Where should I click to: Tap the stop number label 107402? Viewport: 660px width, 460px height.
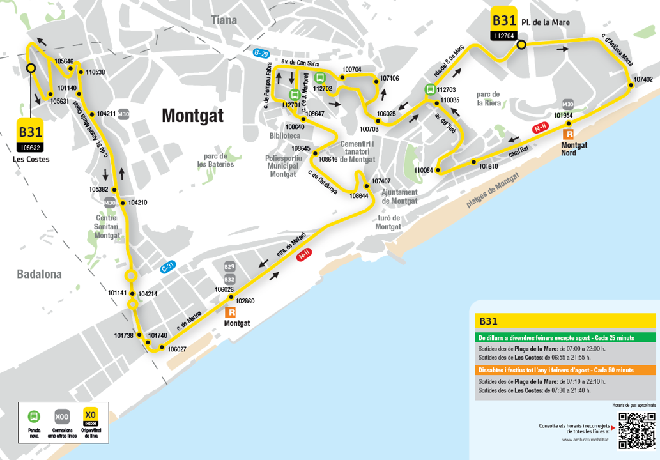[643, 79]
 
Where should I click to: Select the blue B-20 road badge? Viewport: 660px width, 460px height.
[261, 54]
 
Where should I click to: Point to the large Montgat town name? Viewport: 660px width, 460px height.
[192, 116]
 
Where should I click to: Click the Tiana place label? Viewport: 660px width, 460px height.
[224, 20]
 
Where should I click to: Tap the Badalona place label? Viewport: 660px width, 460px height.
[40, 274]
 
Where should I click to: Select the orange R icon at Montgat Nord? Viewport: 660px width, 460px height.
[568, 134]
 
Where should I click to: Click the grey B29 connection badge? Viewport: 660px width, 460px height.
[230, 266]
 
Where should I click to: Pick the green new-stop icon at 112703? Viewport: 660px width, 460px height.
[430, 90]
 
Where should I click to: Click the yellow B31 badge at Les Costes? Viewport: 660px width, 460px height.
[30, 131]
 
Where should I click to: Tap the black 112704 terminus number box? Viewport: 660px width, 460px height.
[503, 36]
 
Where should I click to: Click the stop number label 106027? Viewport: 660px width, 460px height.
[177, 349]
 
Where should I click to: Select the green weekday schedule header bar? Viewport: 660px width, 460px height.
[565, 337]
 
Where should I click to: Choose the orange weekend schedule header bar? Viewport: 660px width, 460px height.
[565, 370]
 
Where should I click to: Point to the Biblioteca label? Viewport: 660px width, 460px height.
[284, 136]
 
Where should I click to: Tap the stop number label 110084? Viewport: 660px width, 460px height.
[423, 171]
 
